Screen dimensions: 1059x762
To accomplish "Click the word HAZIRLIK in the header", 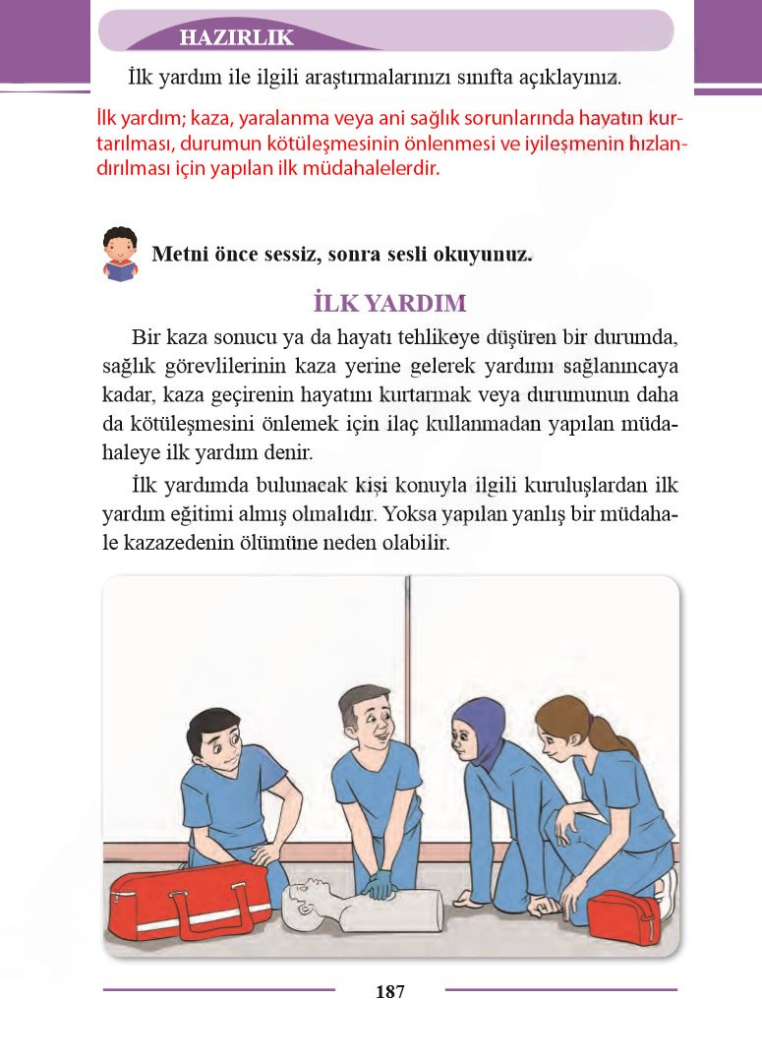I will [237, 38].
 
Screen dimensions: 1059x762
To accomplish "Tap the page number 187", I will [389, 991].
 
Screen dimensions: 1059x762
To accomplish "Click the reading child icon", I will [120, 255].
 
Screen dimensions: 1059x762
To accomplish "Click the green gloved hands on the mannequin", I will [379, 887].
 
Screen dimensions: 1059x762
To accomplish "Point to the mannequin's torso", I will [398, 909].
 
